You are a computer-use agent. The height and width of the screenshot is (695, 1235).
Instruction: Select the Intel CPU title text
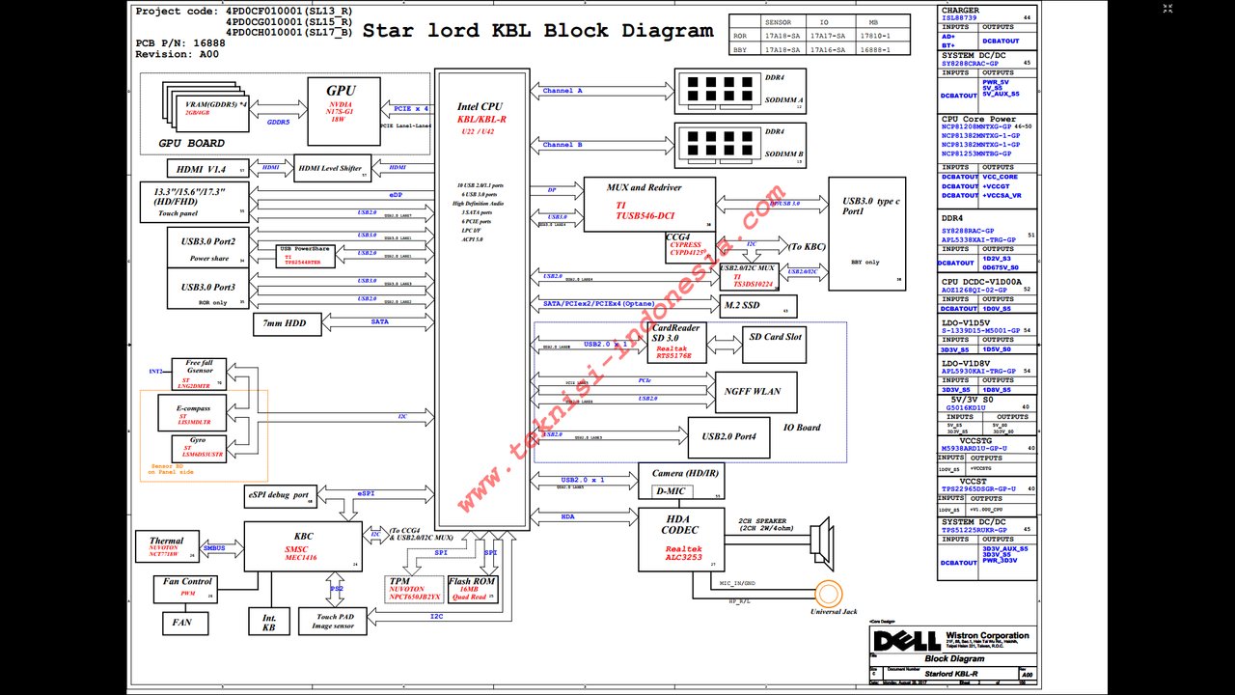tap(480, 107)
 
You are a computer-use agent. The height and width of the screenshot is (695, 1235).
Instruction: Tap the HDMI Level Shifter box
tap(331, 168)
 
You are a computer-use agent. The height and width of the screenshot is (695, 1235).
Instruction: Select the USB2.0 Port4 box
tap(728, 437)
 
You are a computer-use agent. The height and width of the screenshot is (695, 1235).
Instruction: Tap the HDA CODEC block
tap(680, 541)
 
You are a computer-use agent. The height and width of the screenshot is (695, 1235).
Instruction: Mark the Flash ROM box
tap(472, 588)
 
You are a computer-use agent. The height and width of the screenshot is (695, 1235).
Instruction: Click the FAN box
tap(182, 623)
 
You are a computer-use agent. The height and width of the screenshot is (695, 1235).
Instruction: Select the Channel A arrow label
tap(563, 91)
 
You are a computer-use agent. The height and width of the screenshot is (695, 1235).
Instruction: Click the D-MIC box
tap(670, 491)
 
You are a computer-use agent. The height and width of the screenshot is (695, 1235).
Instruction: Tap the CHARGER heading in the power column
tap(960, 11)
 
